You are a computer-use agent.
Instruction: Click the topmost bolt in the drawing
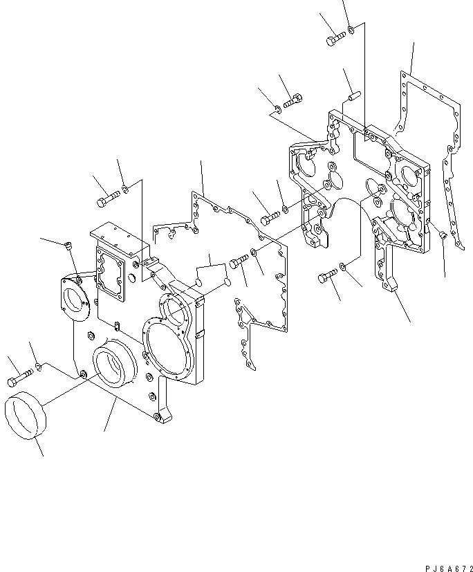pos(336,39)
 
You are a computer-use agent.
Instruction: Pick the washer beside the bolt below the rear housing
pos(346,266)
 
